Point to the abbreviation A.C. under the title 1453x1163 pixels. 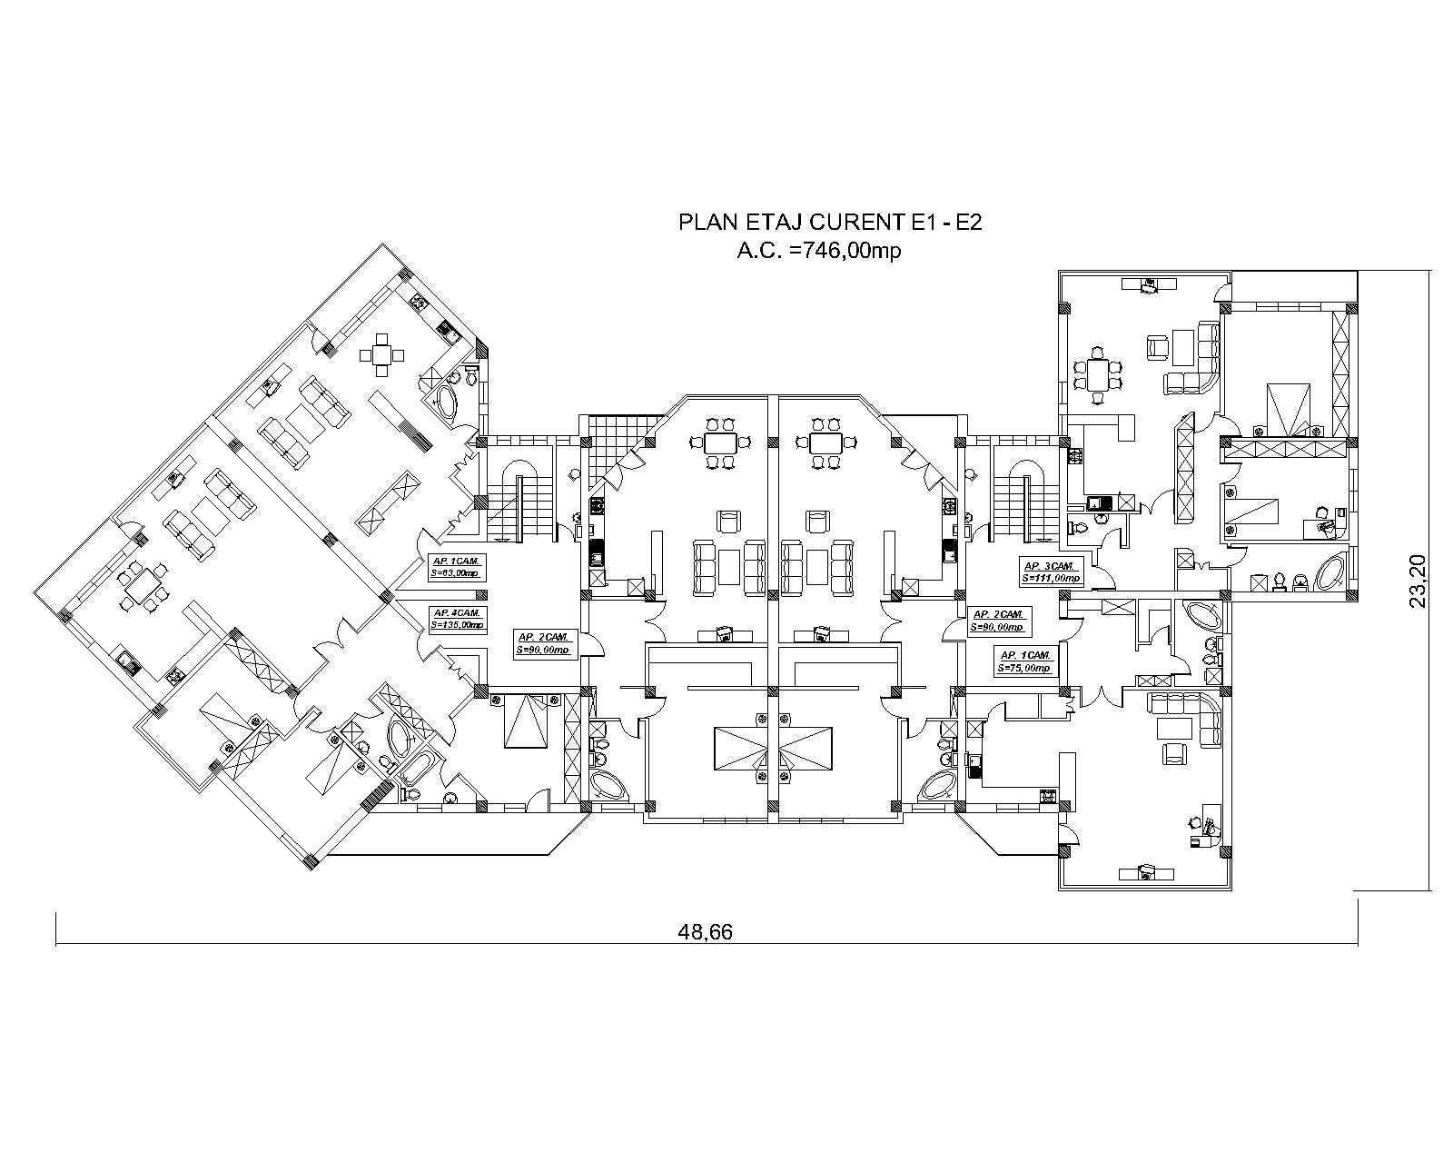(760, 251)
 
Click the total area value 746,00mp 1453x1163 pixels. (846, 251)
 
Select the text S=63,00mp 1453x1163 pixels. (455, 573)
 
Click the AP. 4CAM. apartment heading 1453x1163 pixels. (457, 612)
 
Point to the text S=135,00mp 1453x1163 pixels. (458, 625)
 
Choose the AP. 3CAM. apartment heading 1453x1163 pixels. (1049, 565)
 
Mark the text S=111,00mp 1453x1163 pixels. (1052, 578)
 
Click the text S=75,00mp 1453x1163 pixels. (1024, 668)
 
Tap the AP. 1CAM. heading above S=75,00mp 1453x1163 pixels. (1024, 655)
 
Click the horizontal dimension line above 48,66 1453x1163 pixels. (707, 945)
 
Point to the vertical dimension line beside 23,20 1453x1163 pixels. (1430, 581)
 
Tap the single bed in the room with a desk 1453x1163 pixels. (1251, 514)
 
